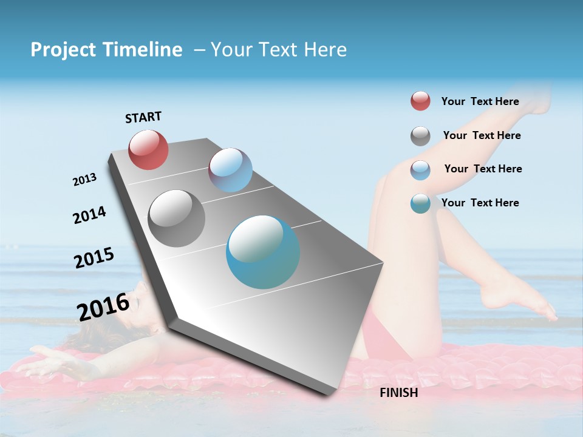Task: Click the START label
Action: click(x=143, y=117)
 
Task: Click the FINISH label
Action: click(x=398, y=393)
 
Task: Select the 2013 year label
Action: click(x=85, y=180)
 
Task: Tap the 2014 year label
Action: click(x=89, y=215)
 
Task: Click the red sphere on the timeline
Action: click(x=149, y=150)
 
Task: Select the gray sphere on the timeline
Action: click(x=176, y=218)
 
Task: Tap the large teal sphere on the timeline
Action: click(x=263, y=252)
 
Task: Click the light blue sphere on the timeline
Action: click(x=230, y=170)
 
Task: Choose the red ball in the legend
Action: click(x=420, y=101)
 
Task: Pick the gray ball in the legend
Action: click(x=420, y=136)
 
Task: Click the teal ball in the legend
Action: click(x=420, y=203)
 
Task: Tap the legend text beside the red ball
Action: click(x=480, y=101)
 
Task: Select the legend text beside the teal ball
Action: click(x=480, y=203)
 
